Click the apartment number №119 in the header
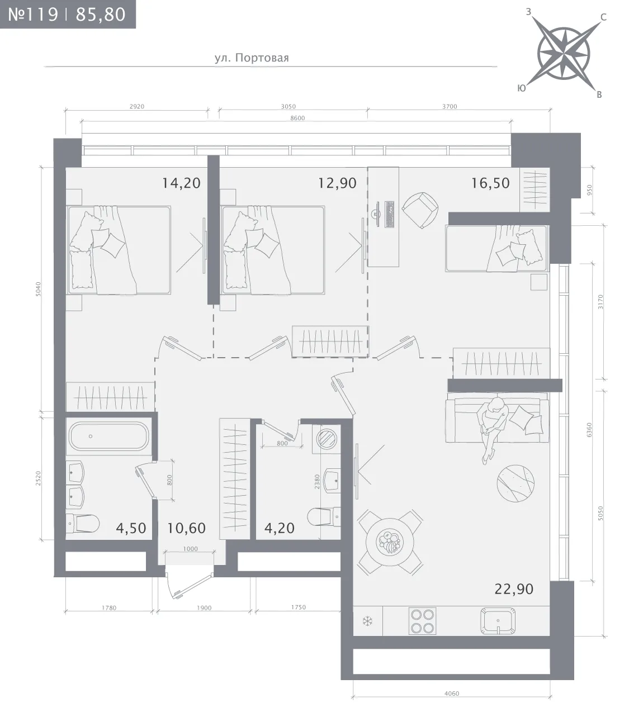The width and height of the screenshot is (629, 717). (x=33, y=15)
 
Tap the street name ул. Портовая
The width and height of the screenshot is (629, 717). (x=252, y=58)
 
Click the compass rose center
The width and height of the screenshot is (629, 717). (x=563, y=54)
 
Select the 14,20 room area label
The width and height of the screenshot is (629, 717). (x=181, y=183)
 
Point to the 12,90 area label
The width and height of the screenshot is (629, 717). (x=337, y=183)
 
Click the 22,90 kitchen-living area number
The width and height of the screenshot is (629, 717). (x=513, y=589)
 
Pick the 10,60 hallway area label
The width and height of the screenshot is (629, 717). (x=186, y=528)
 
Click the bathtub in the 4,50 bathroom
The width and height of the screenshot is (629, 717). (x=108, y=436)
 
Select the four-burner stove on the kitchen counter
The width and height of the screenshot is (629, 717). (x=422, y=621)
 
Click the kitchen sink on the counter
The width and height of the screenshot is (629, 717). (x=498, y=621)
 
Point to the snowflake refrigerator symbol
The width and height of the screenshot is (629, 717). (x=368, y=621)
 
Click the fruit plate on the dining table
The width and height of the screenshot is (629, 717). (x=390, y=542)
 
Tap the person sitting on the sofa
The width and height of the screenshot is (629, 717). (x=491, y=428)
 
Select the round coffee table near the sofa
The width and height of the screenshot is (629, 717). (x=516, y=483)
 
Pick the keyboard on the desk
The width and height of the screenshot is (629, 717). (x=390, y=215)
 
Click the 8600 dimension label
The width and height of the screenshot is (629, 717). (x=297, y=118)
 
